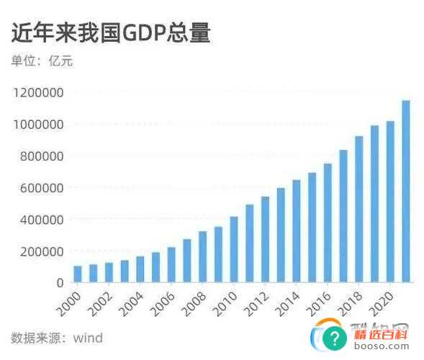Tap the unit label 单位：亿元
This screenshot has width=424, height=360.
tap(42, 61)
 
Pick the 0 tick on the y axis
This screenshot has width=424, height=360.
tap(60, 282)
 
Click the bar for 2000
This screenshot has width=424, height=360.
tap(77, 274)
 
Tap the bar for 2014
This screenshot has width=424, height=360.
tap(296, 230)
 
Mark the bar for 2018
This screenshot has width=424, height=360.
tap(358, 209)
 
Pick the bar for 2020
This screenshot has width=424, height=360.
tap(390, 202)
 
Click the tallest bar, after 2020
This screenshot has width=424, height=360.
tap(405, 191)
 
